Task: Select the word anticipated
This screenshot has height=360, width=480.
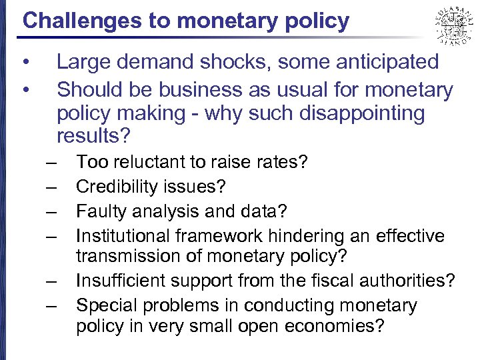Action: (x=383, y=63)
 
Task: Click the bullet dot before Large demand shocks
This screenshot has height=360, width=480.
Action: (x=25, y=63)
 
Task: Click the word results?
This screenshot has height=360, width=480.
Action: (x=93, y=137)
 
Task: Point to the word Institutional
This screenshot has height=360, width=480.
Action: (x=124, y=236)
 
